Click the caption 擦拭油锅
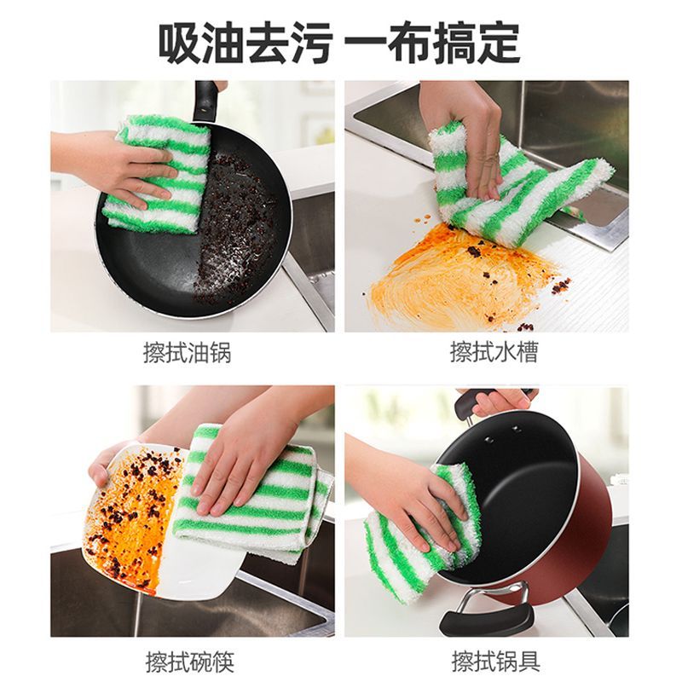[187, 353]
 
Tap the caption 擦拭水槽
[494, 353]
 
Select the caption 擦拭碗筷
[189, 662]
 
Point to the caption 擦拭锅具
[496, 662]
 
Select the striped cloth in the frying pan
[159, 174]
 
